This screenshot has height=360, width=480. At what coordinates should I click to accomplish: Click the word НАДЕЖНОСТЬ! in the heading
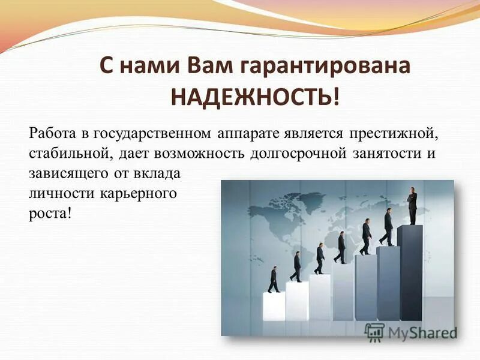255,96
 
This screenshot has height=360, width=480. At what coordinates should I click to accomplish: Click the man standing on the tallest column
412,206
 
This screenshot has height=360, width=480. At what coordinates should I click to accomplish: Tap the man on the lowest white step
274,280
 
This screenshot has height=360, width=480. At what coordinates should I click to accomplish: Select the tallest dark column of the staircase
410,273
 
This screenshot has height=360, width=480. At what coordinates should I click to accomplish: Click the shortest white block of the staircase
274,306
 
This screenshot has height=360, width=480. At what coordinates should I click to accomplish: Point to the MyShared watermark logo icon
374,331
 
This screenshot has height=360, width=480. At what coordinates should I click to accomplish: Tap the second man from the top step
388,226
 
